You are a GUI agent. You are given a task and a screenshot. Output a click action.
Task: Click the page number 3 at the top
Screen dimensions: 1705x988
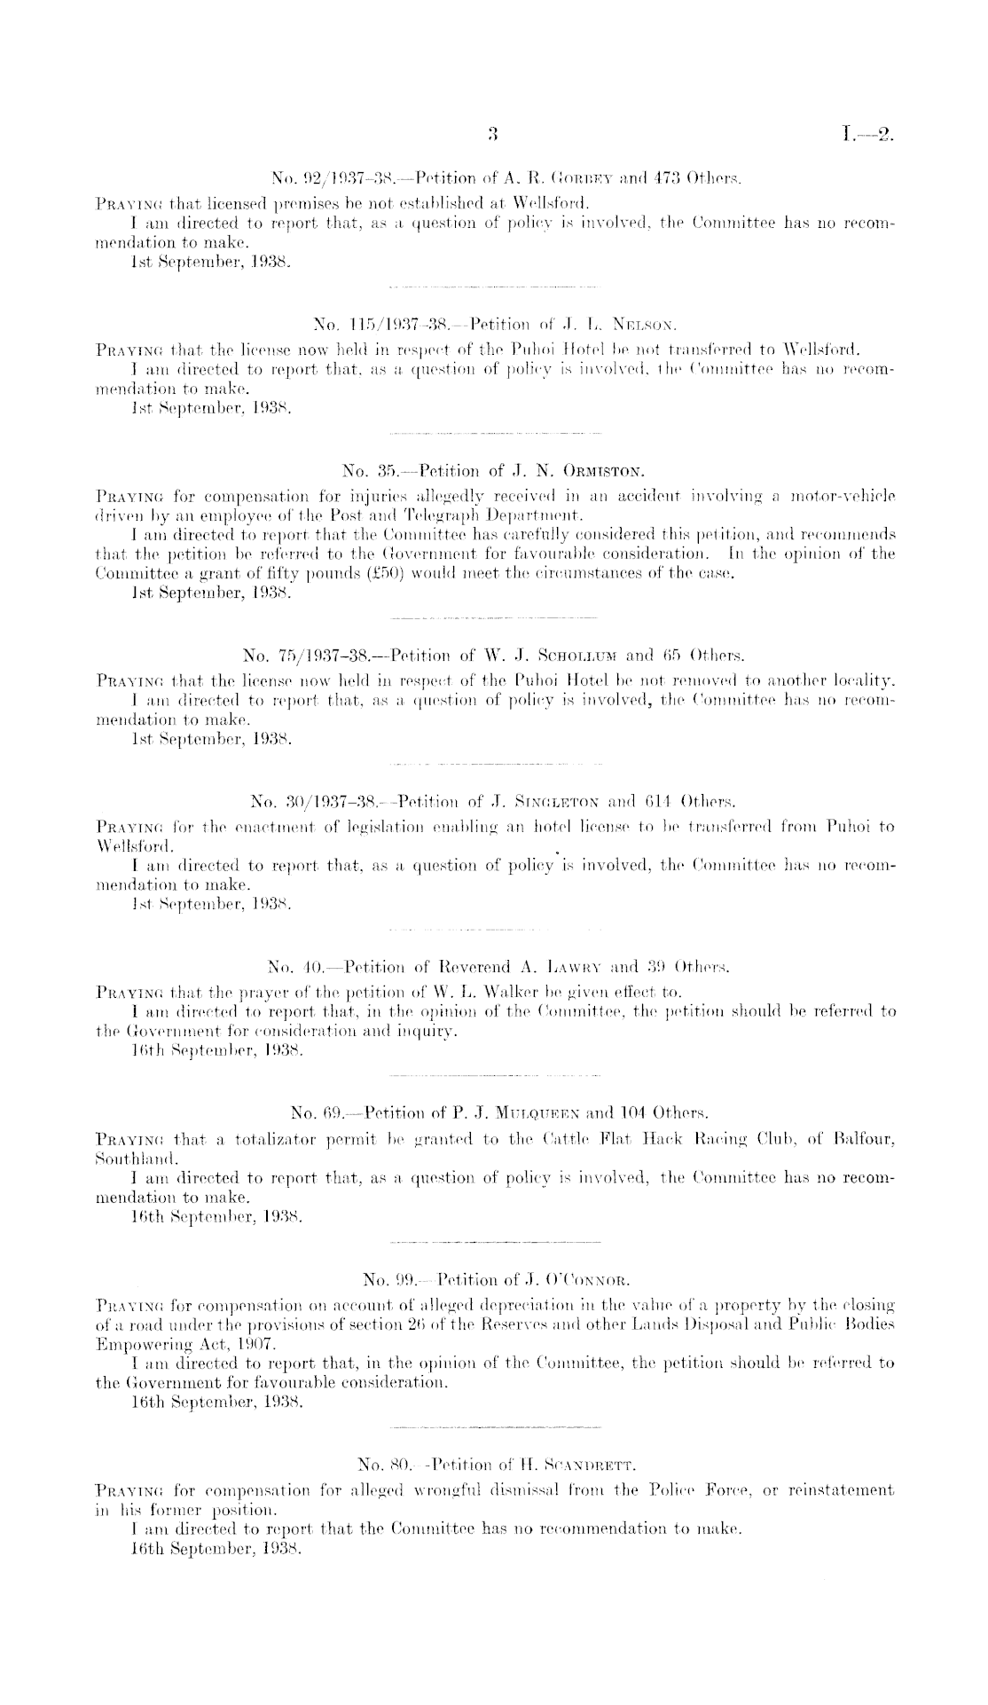(494, 136)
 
